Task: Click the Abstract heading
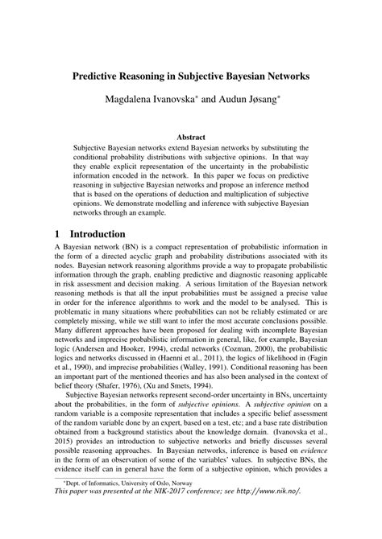191,138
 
